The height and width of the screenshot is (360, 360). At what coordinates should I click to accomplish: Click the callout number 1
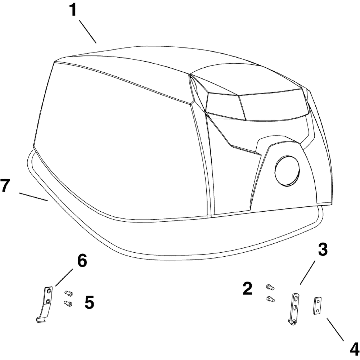tap(73, 10)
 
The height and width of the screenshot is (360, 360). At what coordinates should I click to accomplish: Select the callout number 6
tap(82, 261)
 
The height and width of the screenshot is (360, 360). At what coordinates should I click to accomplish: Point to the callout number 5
tap(89, 303)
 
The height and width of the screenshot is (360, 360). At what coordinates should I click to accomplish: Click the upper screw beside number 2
tap(270, 287)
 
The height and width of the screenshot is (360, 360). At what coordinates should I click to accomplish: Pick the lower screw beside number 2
tap(271, 298)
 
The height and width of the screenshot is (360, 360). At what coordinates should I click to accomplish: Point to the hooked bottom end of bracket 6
tap(41, 319)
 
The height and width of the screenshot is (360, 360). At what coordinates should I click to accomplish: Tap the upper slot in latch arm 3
tap(295, 298)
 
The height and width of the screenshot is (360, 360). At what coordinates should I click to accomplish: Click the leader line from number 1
tap(88, 32)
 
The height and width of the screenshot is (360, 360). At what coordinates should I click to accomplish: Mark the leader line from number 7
tap(33, 197)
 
